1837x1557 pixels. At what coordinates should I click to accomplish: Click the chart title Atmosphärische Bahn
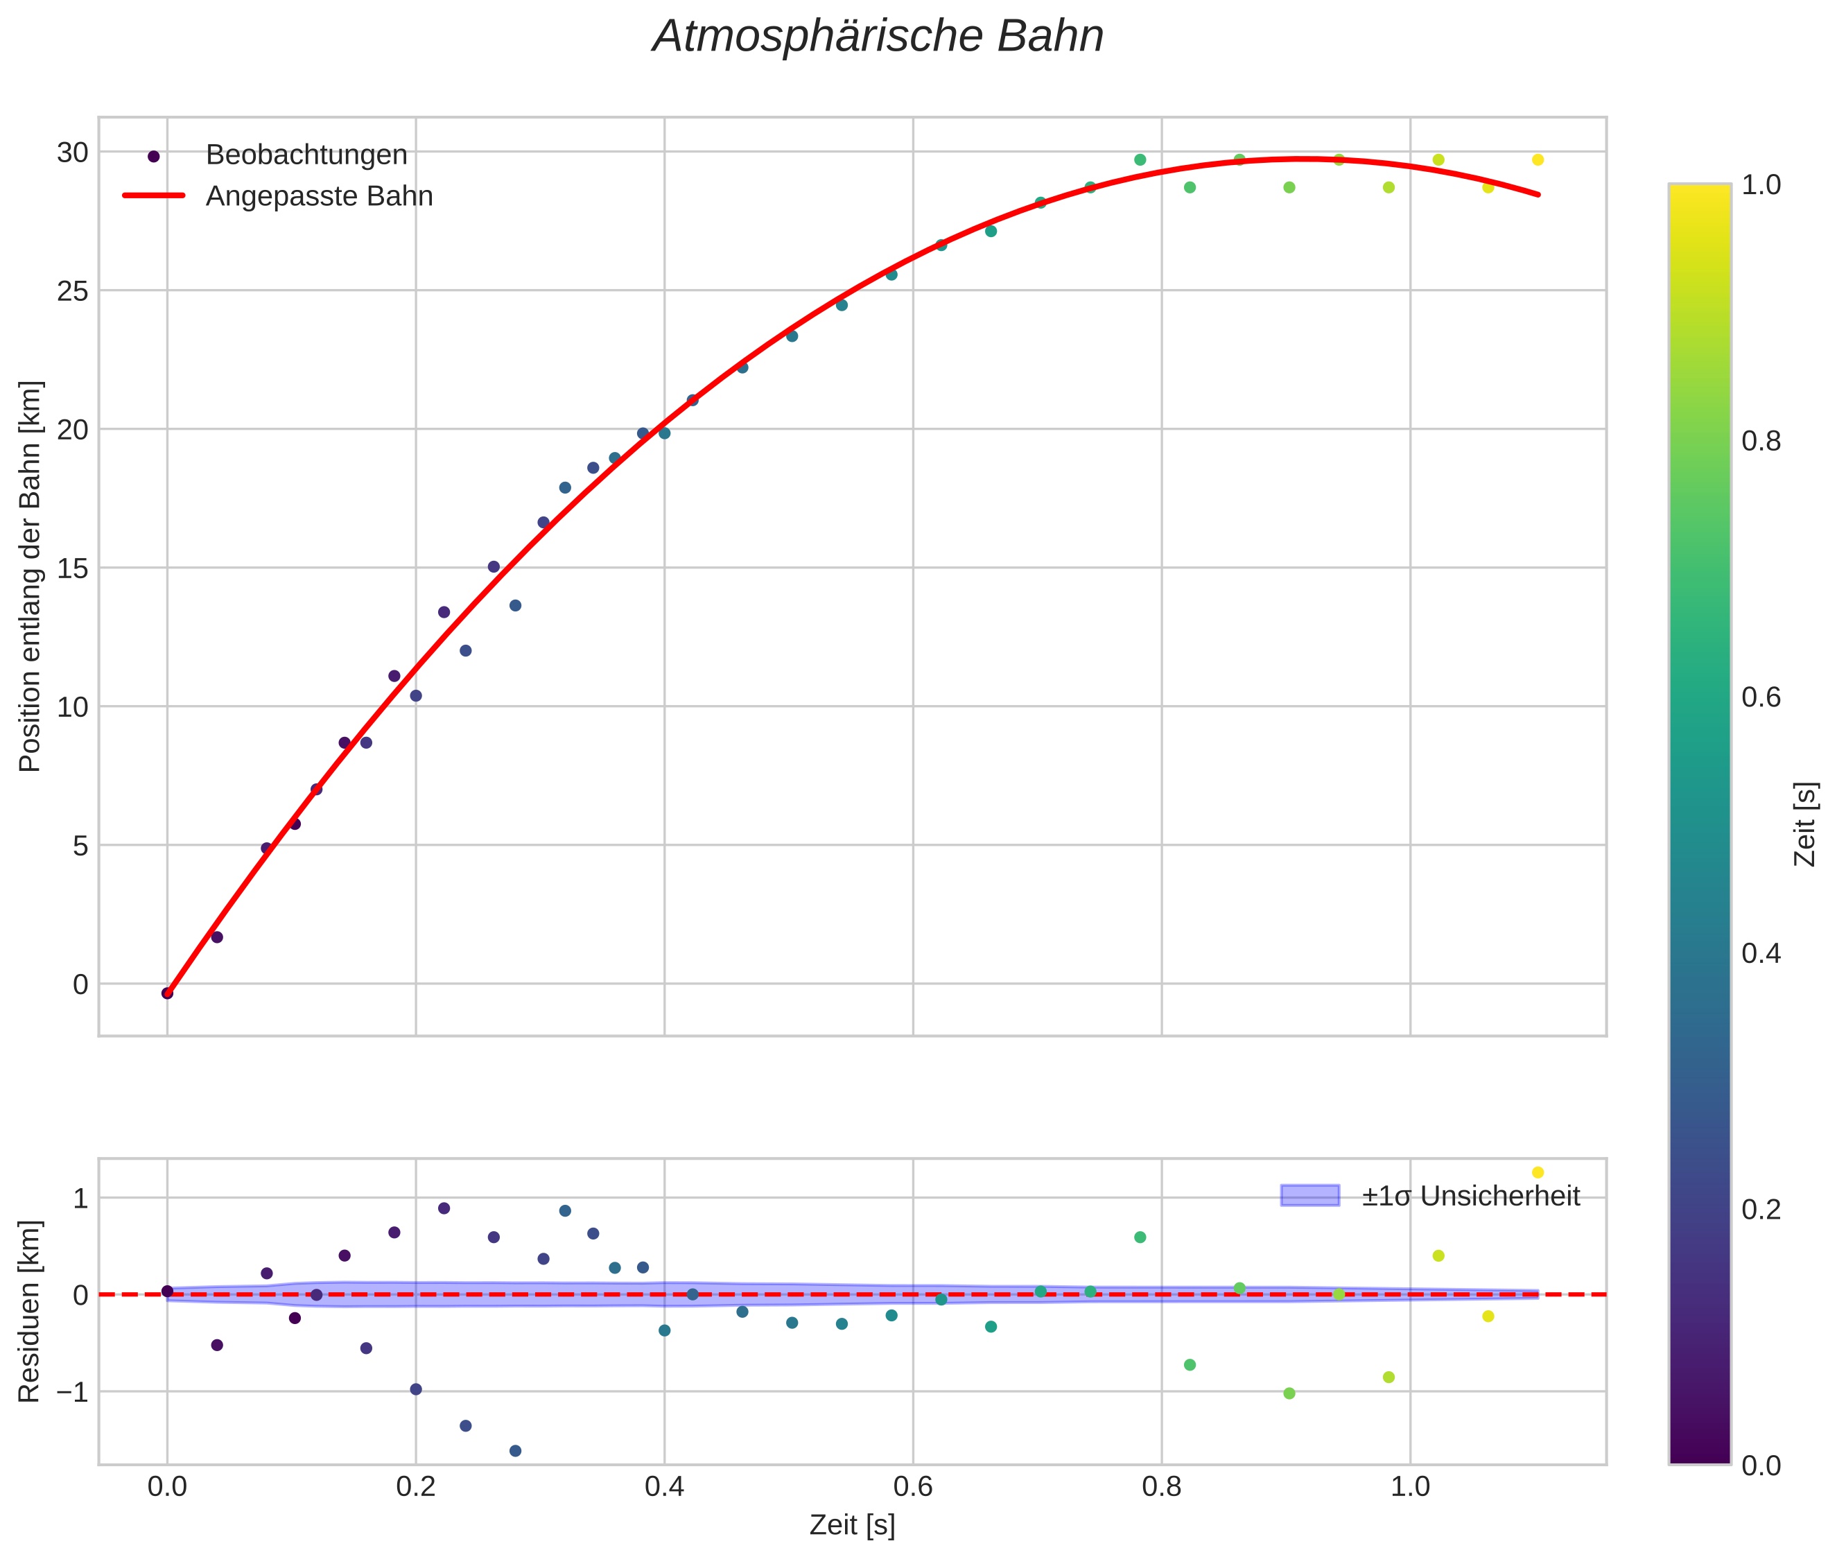tap(878, 37)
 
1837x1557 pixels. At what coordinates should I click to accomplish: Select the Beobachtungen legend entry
tap(306, 155)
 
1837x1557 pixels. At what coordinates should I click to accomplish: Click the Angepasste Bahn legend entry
tap(319, 196)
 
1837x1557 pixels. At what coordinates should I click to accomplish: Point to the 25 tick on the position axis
tap(73, 291)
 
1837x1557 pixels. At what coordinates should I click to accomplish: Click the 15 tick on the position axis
tap(73, 568)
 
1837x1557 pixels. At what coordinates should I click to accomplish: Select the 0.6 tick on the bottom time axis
tap(913, 1486)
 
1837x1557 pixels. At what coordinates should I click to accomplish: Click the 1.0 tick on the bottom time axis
tap(1410, 1486)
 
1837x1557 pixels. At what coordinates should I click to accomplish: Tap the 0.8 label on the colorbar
tap(1761, 442)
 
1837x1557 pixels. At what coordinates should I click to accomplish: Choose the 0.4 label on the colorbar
tap(1761, 953)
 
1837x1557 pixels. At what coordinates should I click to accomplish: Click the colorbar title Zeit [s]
tap(1806, 824)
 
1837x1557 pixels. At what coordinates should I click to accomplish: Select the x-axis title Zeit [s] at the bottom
tap(852, 1525)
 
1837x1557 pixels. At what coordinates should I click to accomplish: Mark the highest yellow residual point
tap(1537, 1172)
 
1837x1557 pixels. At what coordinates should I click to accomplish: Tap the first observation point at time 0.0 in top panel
tap(167, 993)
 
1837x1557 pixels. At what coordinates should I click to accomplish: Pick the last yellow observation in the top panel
tap(1537, 159)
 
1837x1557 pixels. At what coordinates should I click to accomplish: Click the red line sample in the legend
tap(154, 196)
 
